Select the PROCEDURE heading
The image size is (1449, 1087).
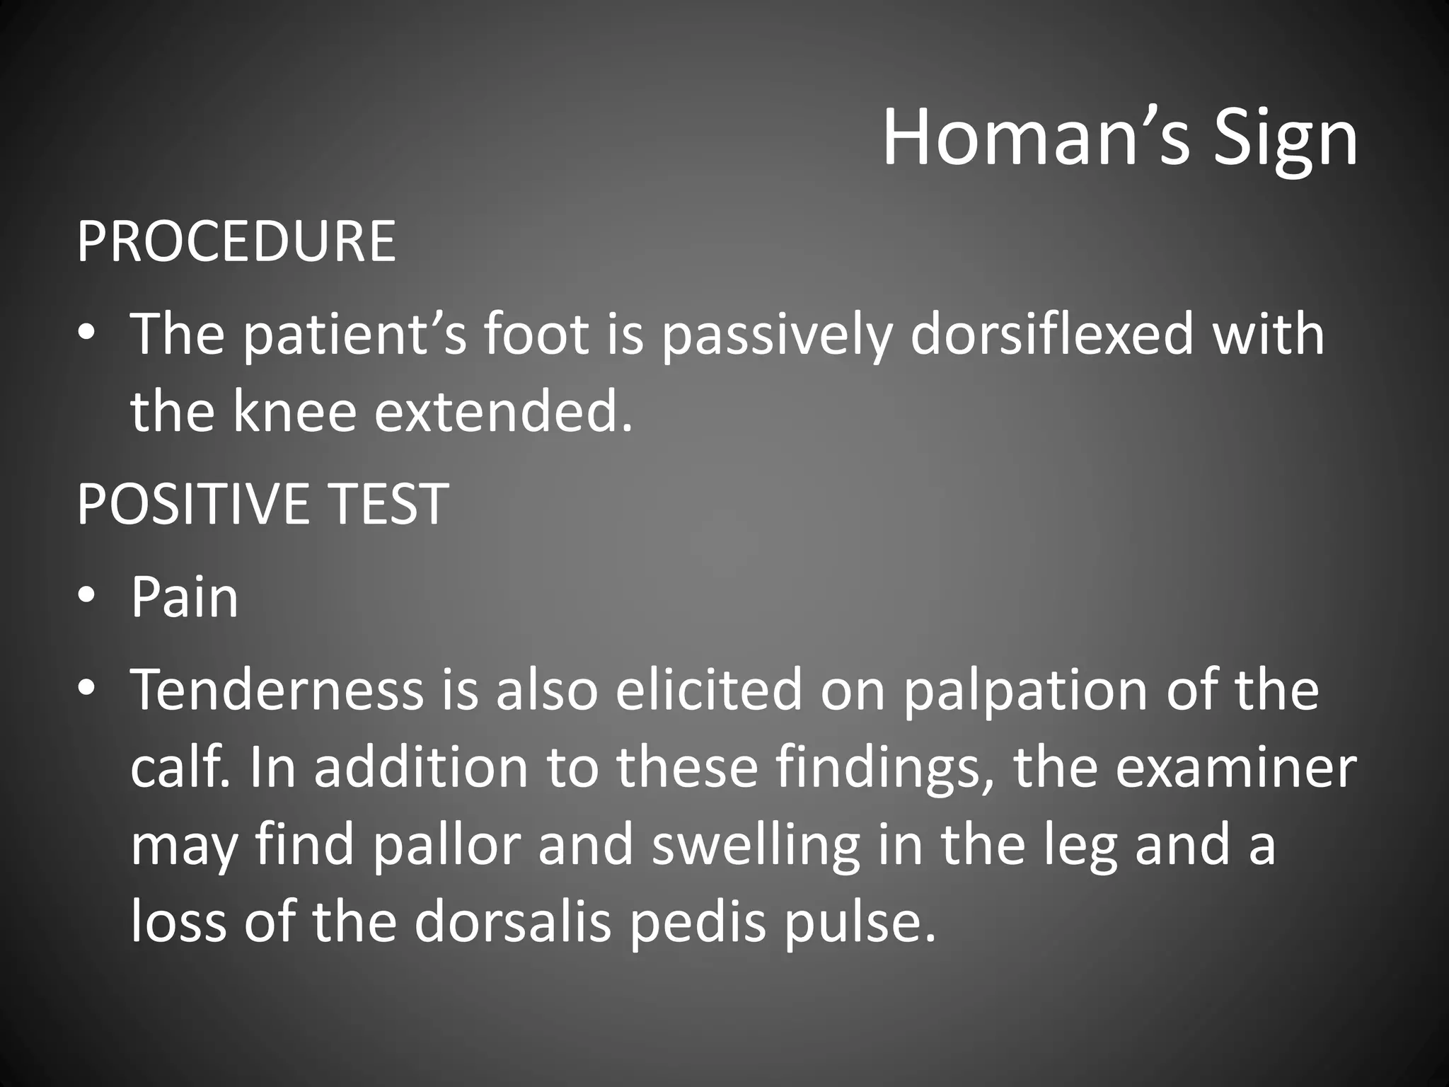(236, 241)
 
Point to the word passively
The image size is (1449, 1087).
(774, 337)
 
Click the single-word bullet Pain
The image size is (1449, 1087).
(185, 598)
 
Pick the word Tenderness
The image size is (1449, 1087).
(277, 690)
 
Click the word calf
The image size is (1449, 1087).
(180, 768)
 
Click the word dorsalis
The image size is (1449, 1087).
(512, 924)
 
